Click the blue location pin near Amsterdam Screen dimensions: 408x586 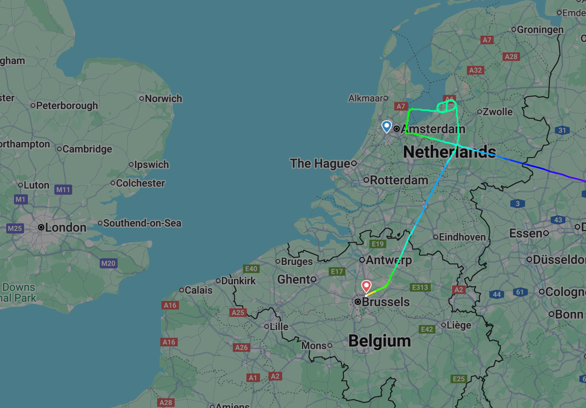click(x=387, y=126)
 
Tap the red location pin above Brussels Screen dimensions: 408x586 click(x=366, y=286)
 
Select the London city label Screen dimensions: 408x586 click(x=65, y=228)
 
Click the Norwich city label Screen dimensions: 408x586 click(x=163, y=99)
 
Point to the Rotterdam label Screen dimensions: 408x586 click(x=399, y=180)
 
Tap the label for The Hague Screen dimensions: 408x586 click(x=320, y=164)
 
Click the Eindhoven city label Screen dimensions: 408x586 click(x=462, y=237)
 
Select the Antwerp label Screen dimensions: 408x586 click(x=388, y=260)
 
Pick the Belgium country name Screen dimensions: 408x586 click(x=380, y=341)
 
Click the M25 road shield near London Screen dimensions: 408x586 click(x=15, y=228)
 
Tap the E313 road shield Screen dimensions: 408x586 click(x=420, y=287)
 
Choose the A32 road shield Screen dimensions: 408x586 click(x=475, y=70)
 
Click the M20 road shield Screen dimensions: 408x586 click(x=108, y=263)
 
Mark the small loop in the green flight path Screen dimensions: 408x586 click(x=447, y=106)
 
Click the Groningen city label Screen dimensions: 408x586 click(x=540, y=29)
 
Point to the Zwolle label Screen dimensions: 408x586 click(x=498, y=112)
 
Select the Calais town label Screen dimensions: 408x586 click(x=198, y=290)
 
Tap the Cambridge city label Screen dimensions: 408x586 click(x=87, y=149)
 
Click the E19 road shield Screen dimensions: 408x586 click(x=378, y=244)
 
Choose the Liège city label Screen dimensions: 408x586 click(x=459, y=325)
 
